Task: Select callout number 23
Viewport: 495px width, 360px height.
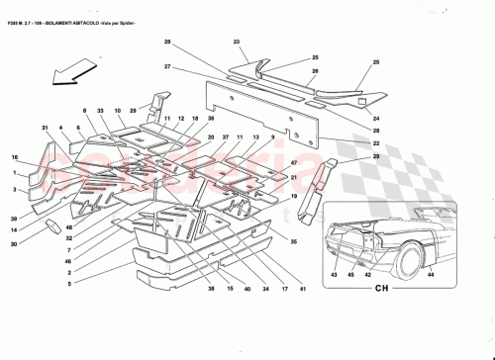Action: click(238, 43)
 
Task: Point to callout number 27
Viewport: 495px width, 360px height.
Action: click(168, 68)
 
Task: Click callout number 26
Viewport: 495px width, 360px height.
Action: click(315, 71)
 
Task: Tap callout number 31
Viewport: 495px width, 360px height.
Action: click(46, 128)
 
